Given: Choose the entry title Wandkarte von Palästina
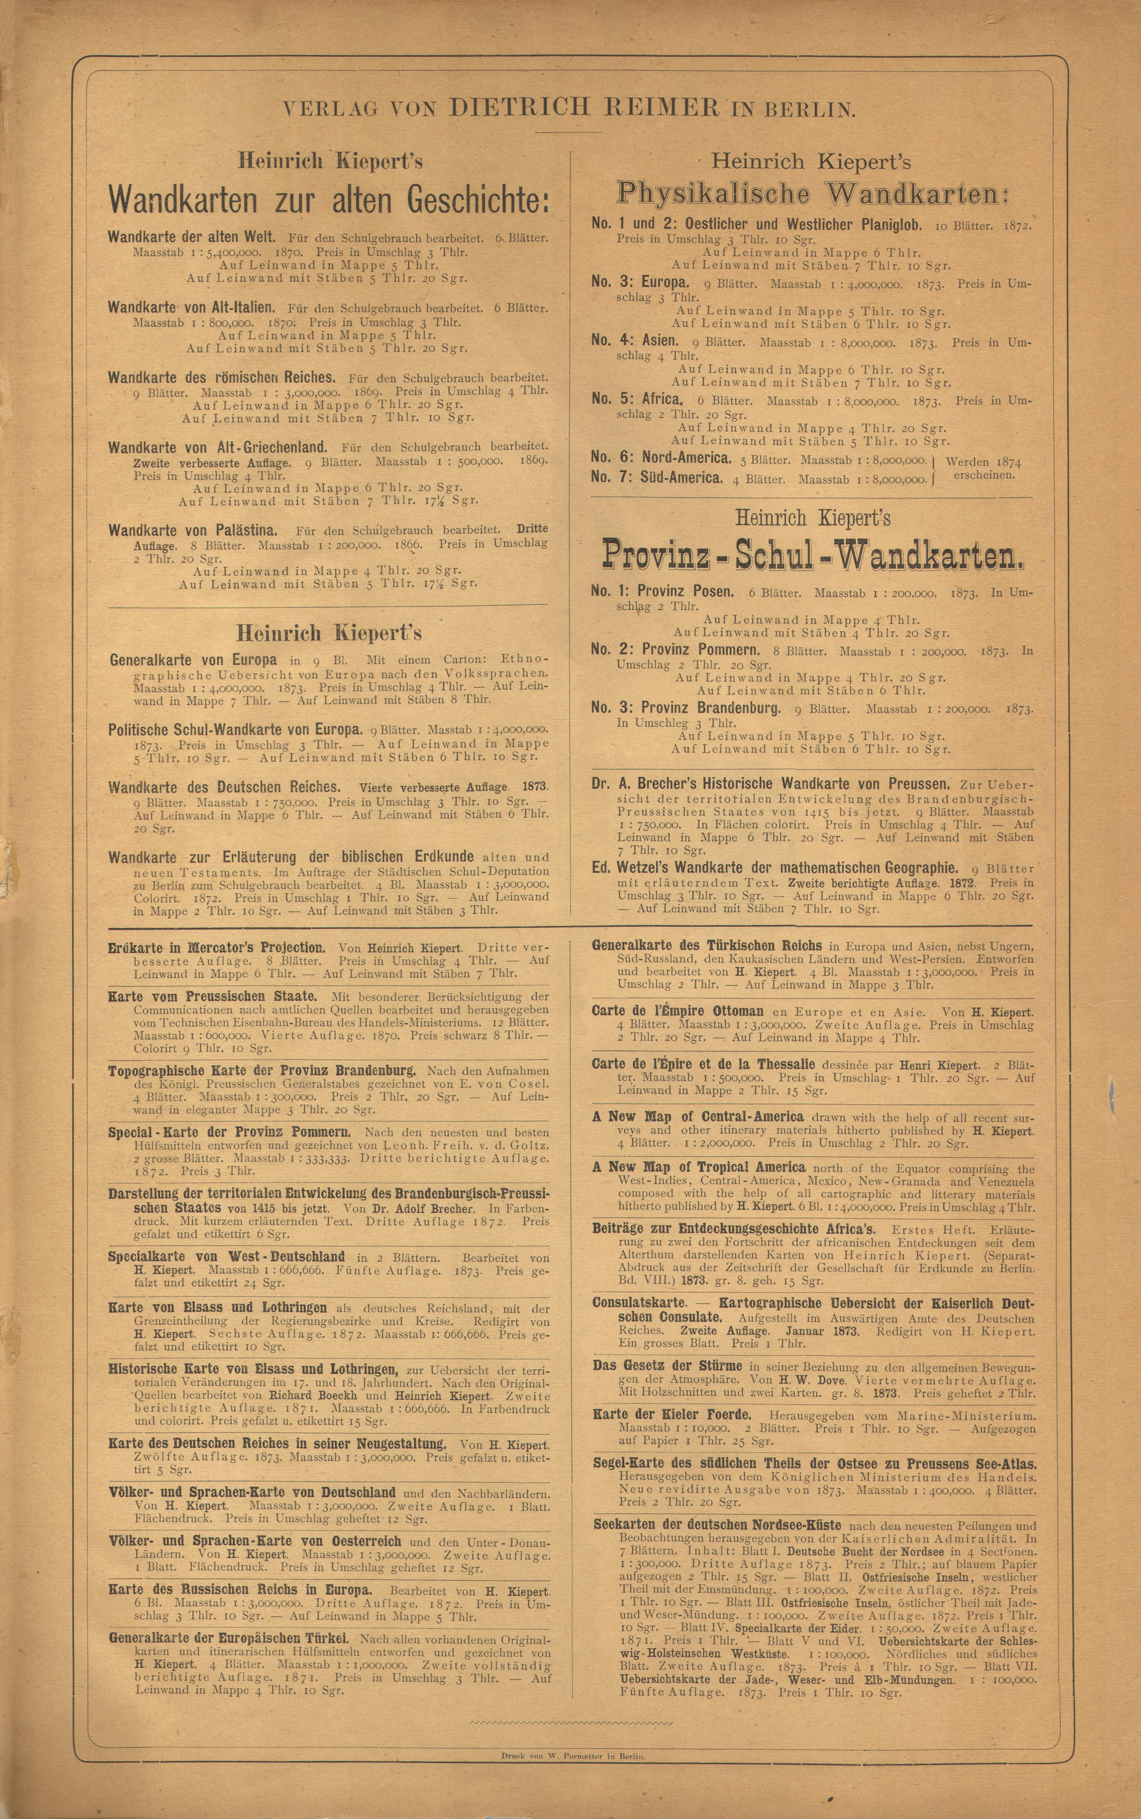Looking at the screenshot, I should [193, 530].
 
